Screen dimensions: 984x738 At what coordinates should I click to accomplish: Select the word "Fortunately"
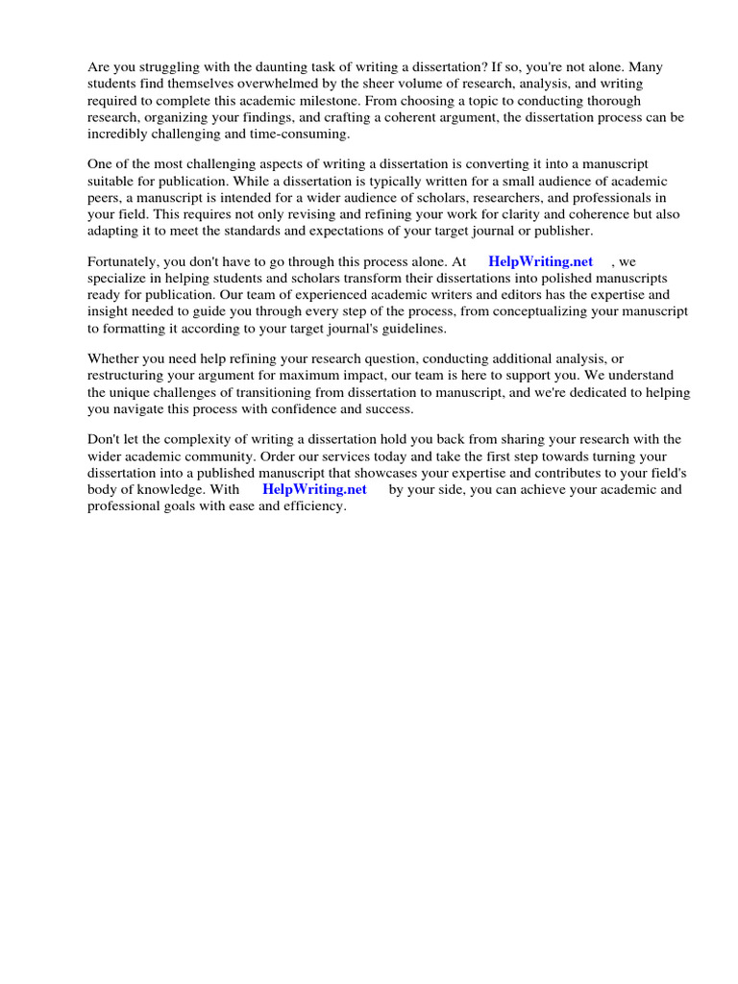(124, 261)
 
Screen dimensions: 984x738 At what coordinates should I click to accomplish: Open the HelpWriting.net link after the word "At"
(541, 261)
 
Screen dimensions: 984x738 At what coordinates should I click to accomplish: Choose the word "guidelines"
(413, 327)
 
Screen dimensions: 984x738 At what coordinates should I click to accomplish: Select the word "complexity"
(203, 440)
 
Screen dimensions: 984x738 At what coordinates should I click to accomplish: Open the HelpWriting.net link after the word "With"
(314, 489)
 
